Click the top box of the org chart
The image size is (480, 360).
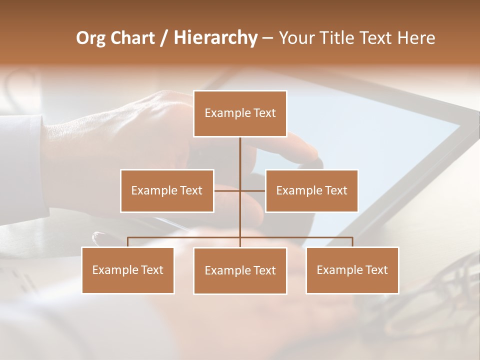(240, 113)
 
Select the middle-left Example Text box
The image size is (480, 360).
(167, 190)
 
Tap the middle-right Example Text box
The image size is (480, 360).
(311, 190)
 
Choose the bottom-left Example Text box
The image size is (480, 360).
(128, 270)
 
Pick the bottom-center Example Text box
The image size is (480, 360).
(240, 270)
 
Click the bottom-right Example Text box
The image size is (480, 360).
(352, 270)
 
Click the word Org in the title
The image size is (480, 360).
(90, 38)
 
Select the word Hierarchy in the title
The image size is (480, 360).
(215, 38)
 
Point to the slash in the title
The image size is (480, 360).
(164, 38)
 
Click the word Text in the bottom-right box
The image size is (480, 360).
(376, 270)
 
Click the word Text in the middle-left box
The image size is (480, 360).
(191, 190)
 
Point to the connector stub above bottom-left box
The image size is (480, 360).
(128, 242)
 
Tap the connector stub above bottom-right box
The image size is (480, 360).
(352, 242)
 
